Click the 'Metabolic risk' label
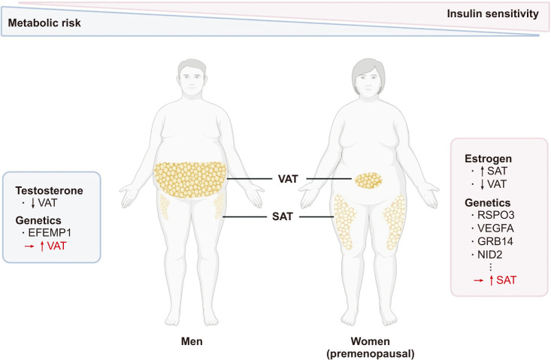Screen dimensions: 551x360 44,23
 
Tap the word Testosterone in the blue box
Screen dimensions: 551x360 49,191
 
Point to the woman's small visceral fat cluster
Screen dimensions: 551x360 368,180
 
